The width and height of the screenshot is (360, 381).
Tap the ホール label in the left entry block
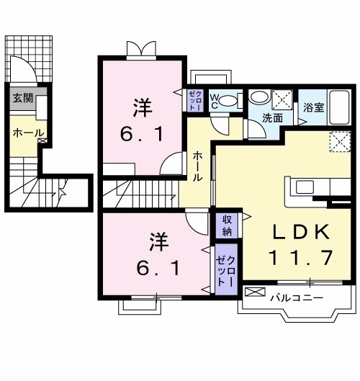(x=28, y=133)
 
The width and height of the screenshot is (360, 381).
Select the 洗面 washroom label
(x=271, y=117)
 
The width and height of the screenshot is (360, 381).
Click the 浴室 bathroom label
(x=312, y=108)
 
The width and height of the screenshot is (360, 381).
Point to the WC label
(x=215, y=101)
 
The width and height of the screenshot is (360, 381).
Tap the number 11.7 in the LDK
(x=301, y=256)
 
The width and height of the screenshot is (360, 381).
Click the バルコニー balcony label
(x=297, y=296)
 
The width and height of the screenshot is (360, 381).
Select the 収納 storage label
(x=226, y=225)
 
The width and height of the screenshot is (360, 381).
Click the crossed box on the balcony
(x=255, y=292)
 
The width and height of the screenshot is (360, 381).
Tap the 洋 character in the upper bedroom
(x=142, y=108)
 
